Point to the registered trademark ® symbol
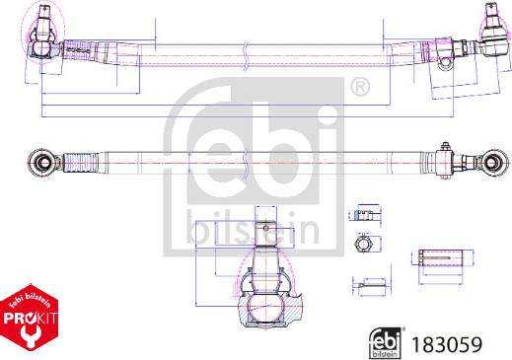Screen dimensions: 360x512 pos(360,90)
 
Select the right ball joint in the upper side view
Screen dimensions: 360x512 pos(489,40)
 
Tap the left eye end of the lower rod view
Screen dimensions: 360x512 pos(40,161)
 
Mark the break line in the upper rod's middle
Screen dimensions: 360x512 pos(242,55)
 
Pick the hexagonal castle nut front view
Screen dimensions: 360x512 pos(362,245)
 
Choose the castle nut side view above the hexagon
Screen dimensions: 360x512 pos(363,214)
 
